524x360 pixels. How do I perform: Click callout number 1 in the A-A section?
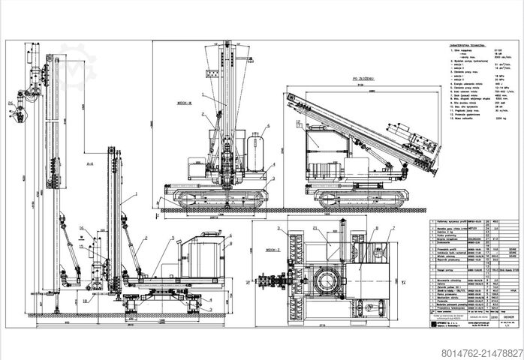click(x=136, y=194)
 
